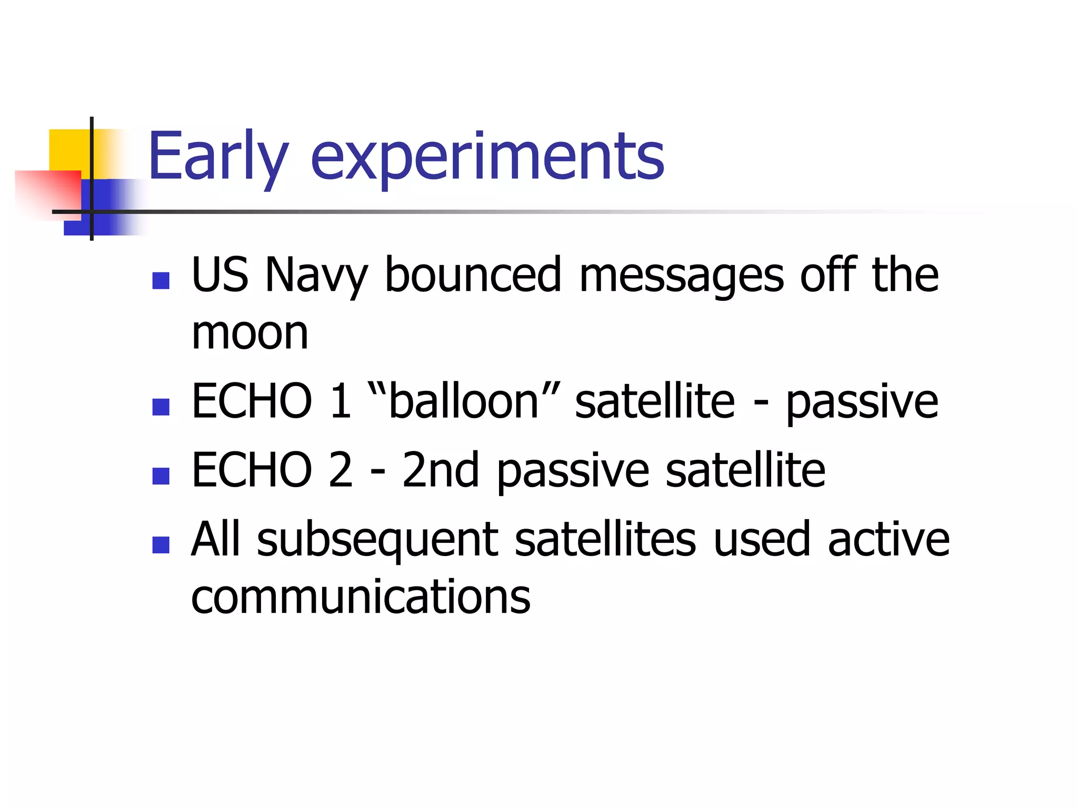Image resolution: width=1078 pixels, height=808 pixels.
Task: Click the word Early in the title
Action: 218,156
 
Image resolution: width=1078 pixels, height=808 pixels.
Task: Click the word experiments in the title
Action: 487,158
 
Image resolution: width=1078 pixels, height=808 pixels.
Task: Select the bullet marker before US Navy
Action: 161,280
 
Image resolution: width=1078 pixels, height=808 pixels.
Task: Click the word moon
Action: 249,334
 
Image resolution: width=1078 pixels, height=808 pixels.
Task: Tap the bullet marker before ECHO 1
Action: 161,407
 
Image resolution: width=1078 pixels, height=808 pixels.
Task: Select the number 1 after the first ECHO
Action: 341,401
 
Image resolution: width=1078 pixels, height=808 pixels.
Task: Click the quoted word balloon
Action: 463,401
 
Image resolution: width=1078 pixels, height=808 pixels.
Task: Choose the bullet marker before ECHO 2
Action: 161,476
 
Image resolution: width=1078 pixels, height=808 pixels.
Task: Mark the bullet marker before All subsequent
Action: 161,544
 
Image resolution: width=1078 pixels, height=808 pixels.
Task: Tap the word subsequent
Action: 377,541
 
